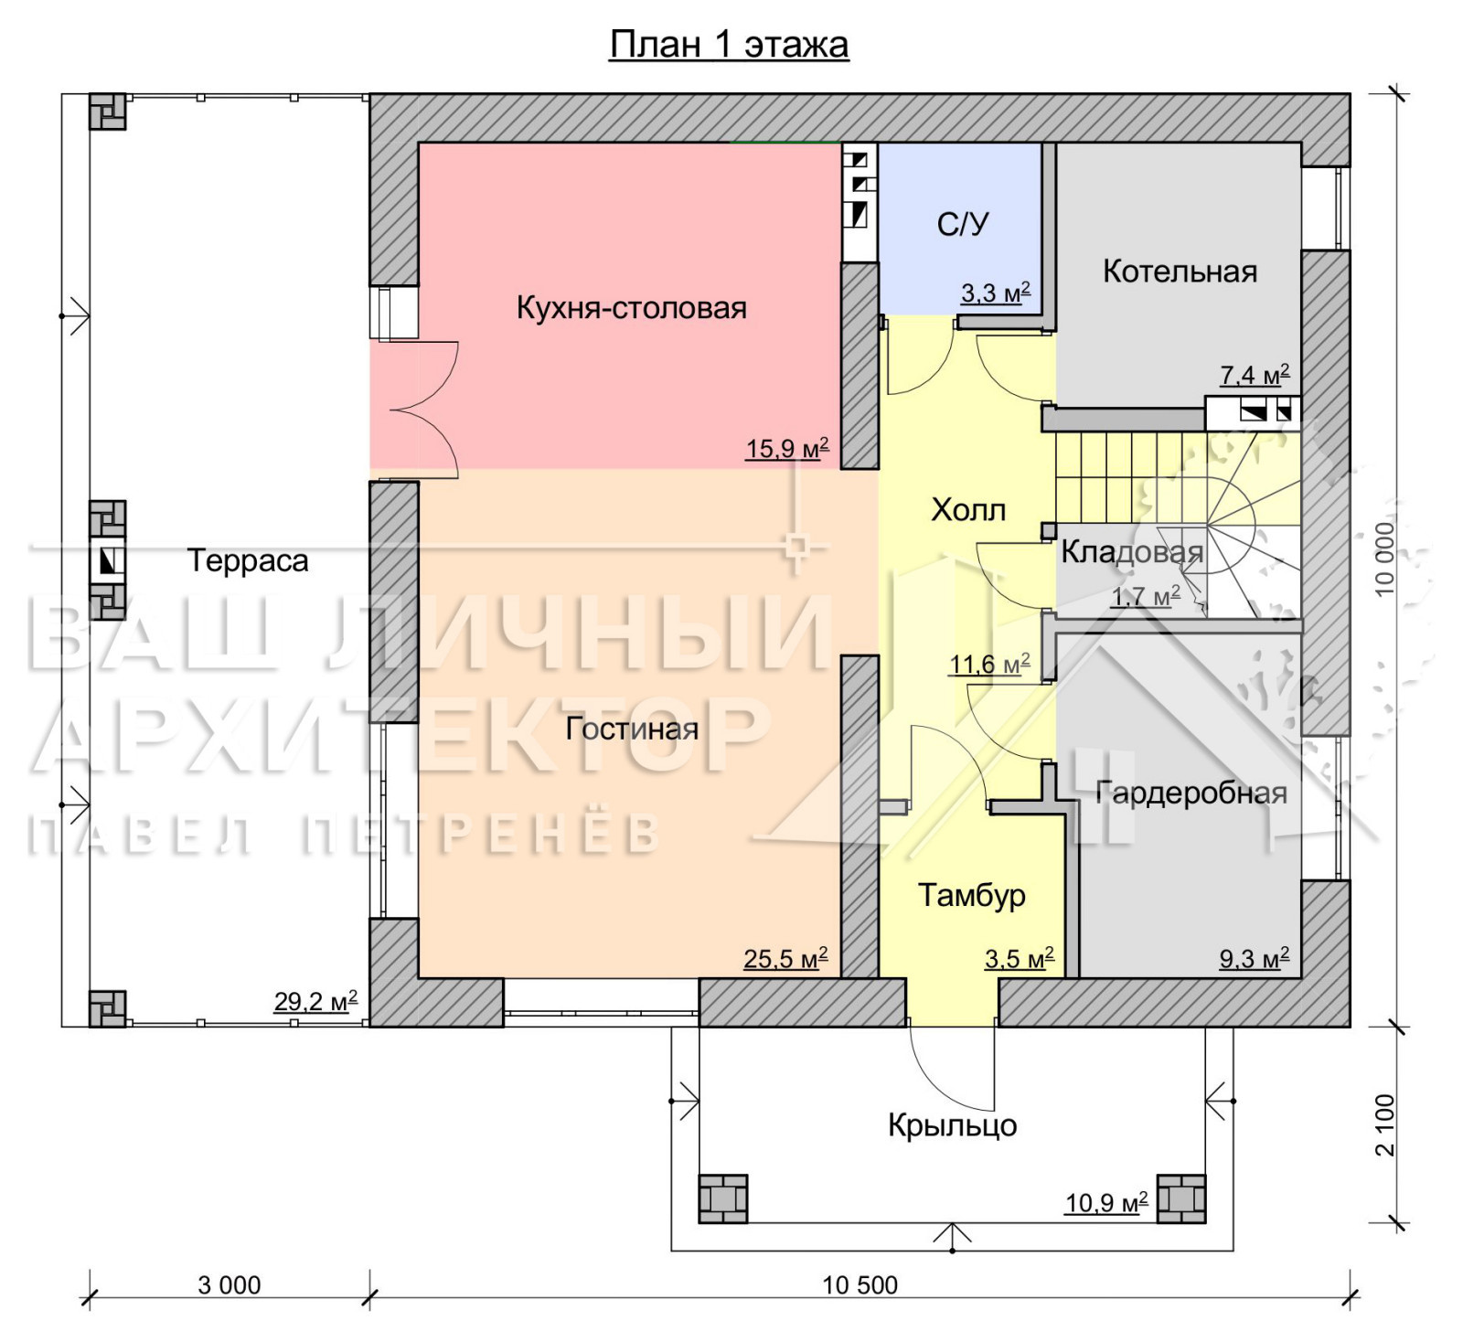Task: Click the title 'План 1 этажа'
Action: [729, 44]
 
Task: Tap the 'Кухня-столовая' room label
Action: [632, 307]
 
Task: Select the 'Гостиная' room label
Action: [632, 729]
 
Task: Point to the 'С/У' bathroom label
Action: [963, 224]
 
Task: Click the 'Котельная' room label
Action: [1180, 271]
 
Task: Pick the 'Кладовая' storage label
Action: [1132, 552]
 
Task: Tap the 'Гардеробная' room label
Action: [1191, 793]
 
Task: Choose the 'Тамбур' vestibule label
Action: [971, 895]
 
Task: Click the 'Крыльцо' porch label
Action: [952, 1125]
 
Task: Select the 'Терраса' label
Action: [248, 560]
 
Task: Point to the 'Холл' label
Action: [968, 509]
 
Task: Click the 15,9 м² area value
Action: [787, 448]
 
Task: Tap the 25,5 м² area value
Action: [785, 958]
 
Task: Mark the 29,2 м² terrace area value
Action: [315, 1001]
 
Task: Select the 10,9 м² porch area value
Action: [1106, 1202]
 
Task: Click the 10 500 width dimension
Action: [860, 1285]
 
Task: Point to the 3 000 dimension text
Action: [230, 1285]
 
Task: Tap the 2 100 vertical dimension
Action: [1385, 1124]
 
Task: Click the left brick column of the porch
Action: [722, 1198]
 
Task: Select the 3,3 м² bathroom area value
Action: [995, 293]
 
